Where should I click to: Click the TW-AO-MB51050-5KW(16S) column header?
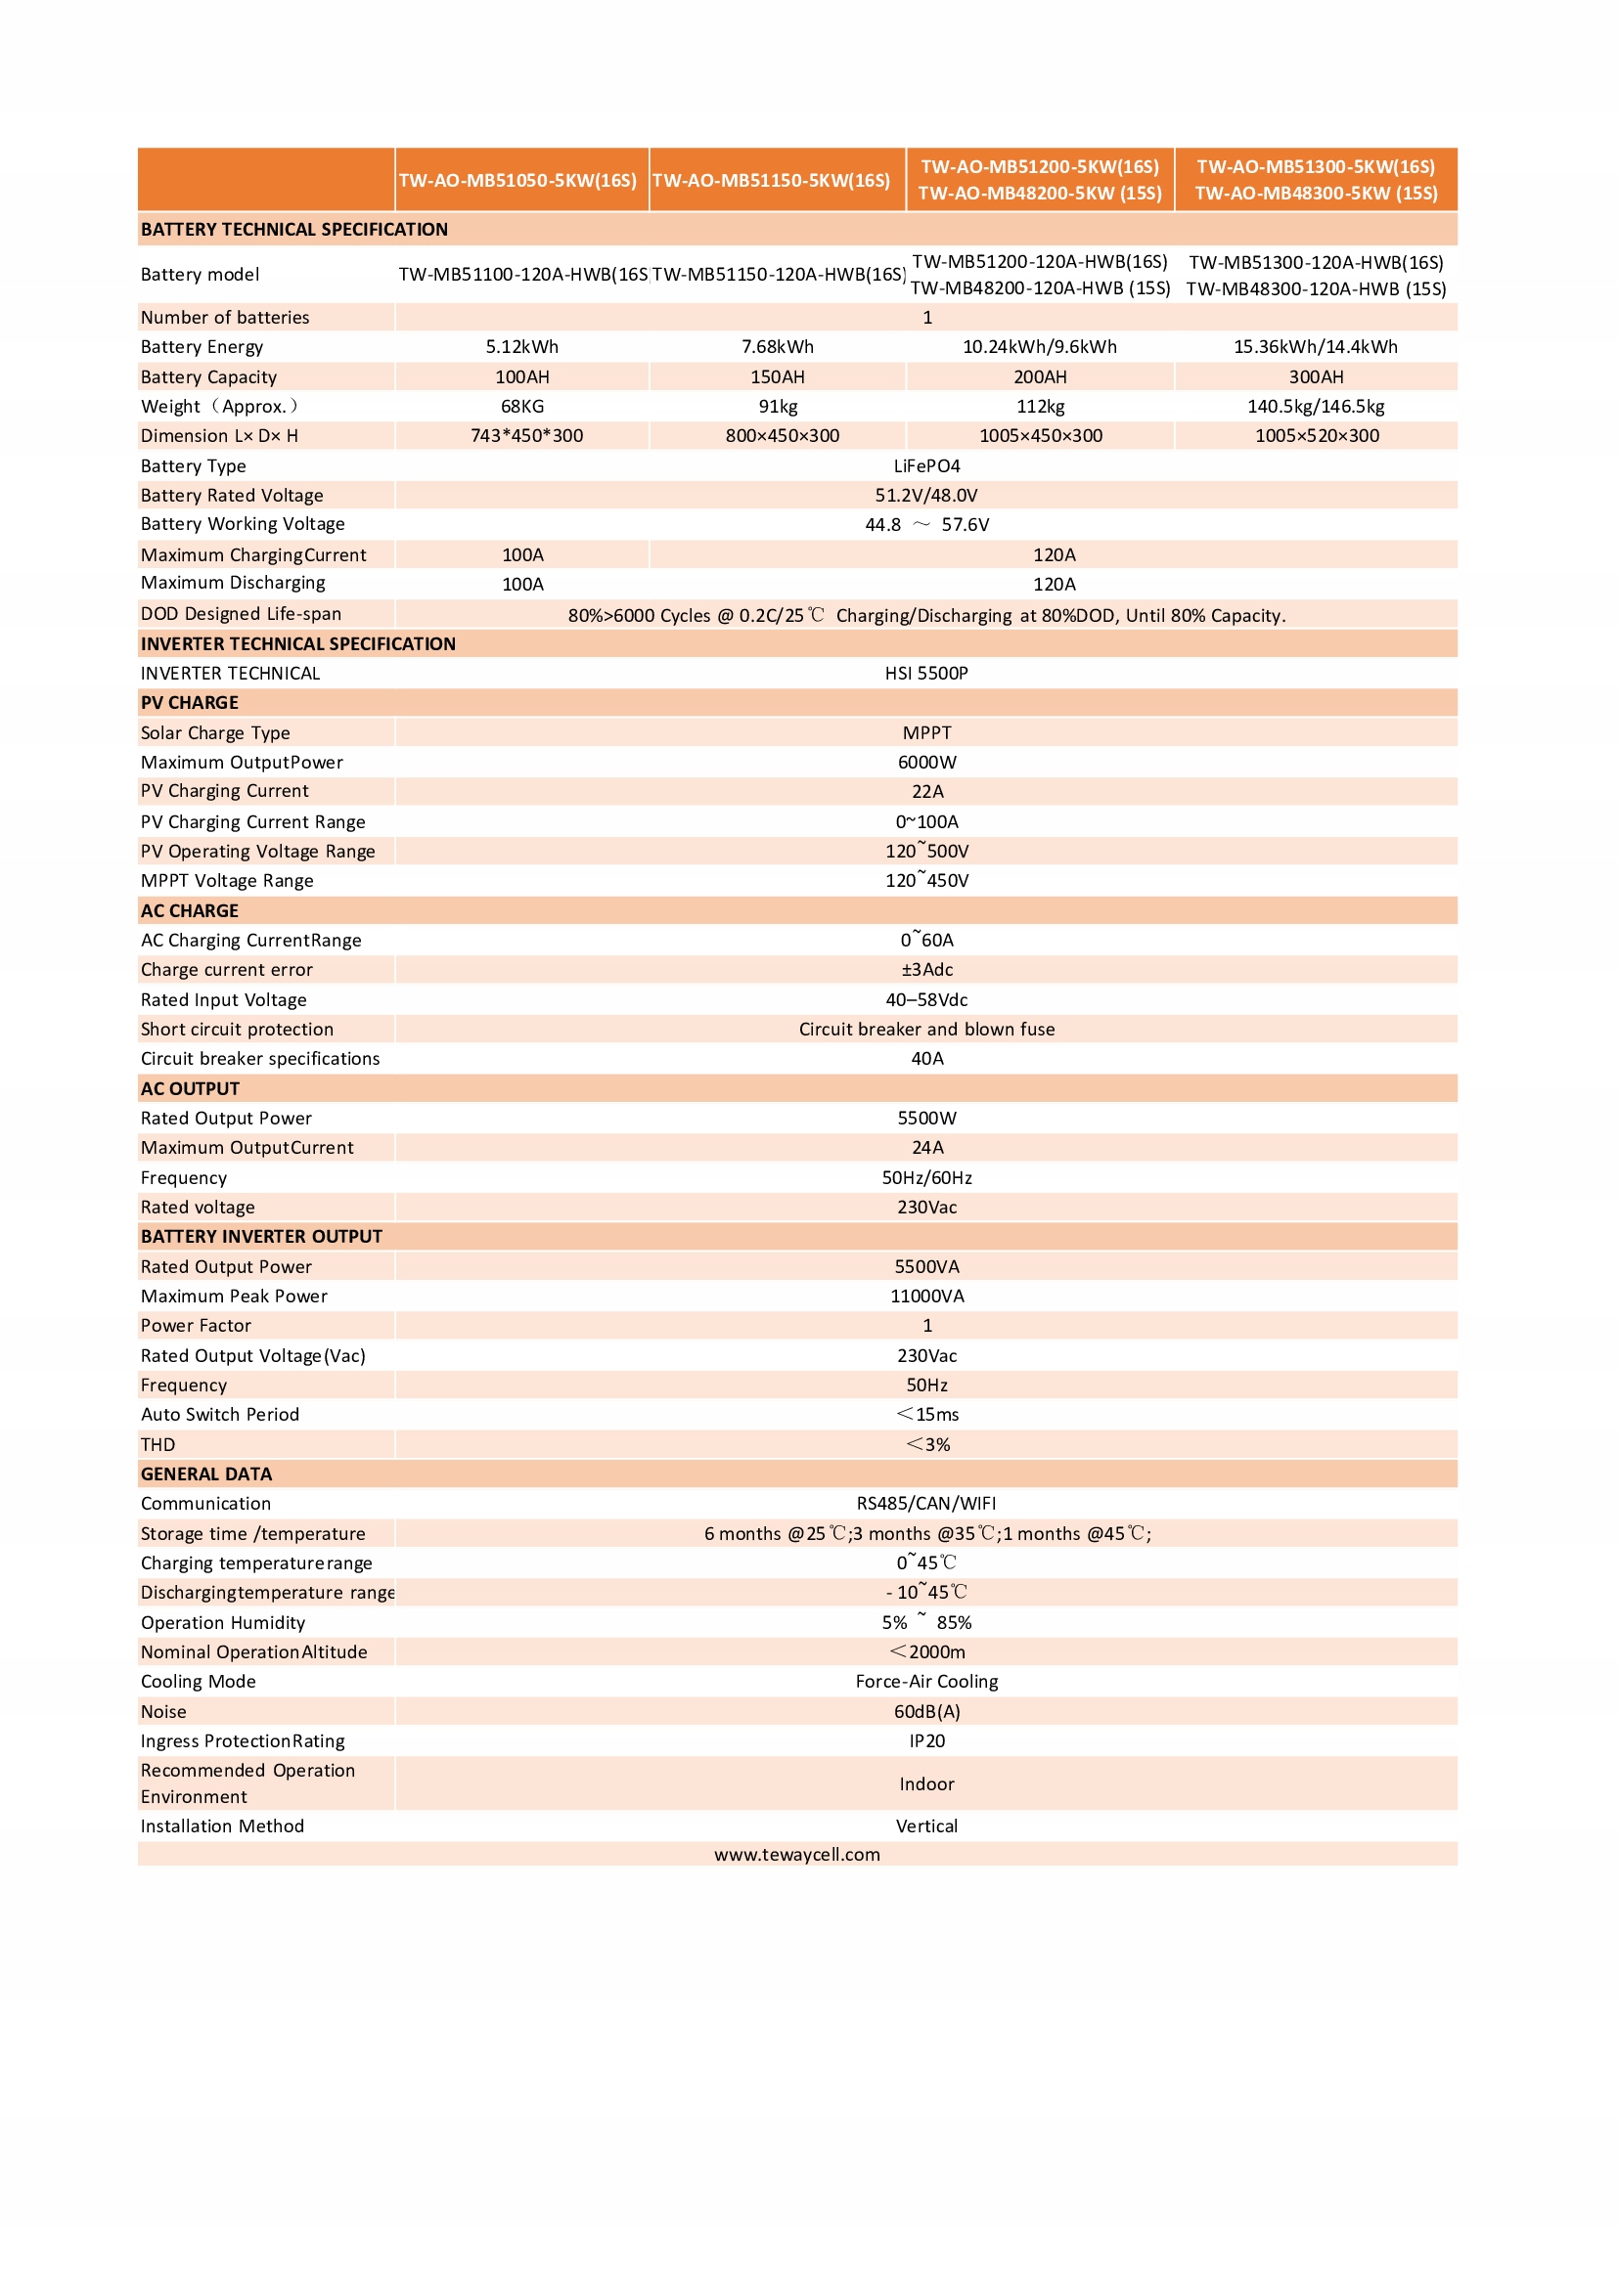517,180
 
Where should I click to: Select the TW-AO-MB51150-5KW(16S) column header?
771,180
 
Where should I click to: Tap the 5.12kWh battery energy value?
522,347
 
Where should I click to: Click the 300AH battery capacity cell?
1315,376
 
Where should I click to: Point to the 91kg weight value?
777,407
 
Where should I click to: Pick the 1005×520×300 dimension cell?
1316,435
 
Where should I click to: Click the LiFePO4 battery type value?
926,466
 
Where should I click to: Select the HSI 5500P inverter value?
926,674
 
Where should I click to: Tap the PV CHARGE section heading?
190,703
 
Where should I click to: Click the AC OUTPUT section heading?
191,1088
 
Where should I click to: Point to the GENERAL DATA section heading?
206,1474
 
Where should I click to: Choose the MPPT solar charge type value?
926,733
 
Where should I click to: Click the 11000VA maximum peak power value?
926,1296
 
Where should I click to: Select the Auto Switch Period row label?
220,1415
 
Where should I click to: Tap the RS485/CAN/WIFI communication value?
926,1503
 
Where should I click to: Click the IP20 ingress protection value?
926,1741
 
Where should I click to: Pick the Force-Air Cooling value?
926,1682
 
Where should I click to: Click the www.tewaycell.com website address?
797,1855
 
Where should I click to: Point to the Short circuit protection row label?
237,1029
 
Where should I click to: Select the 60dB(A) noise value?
926,1711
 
